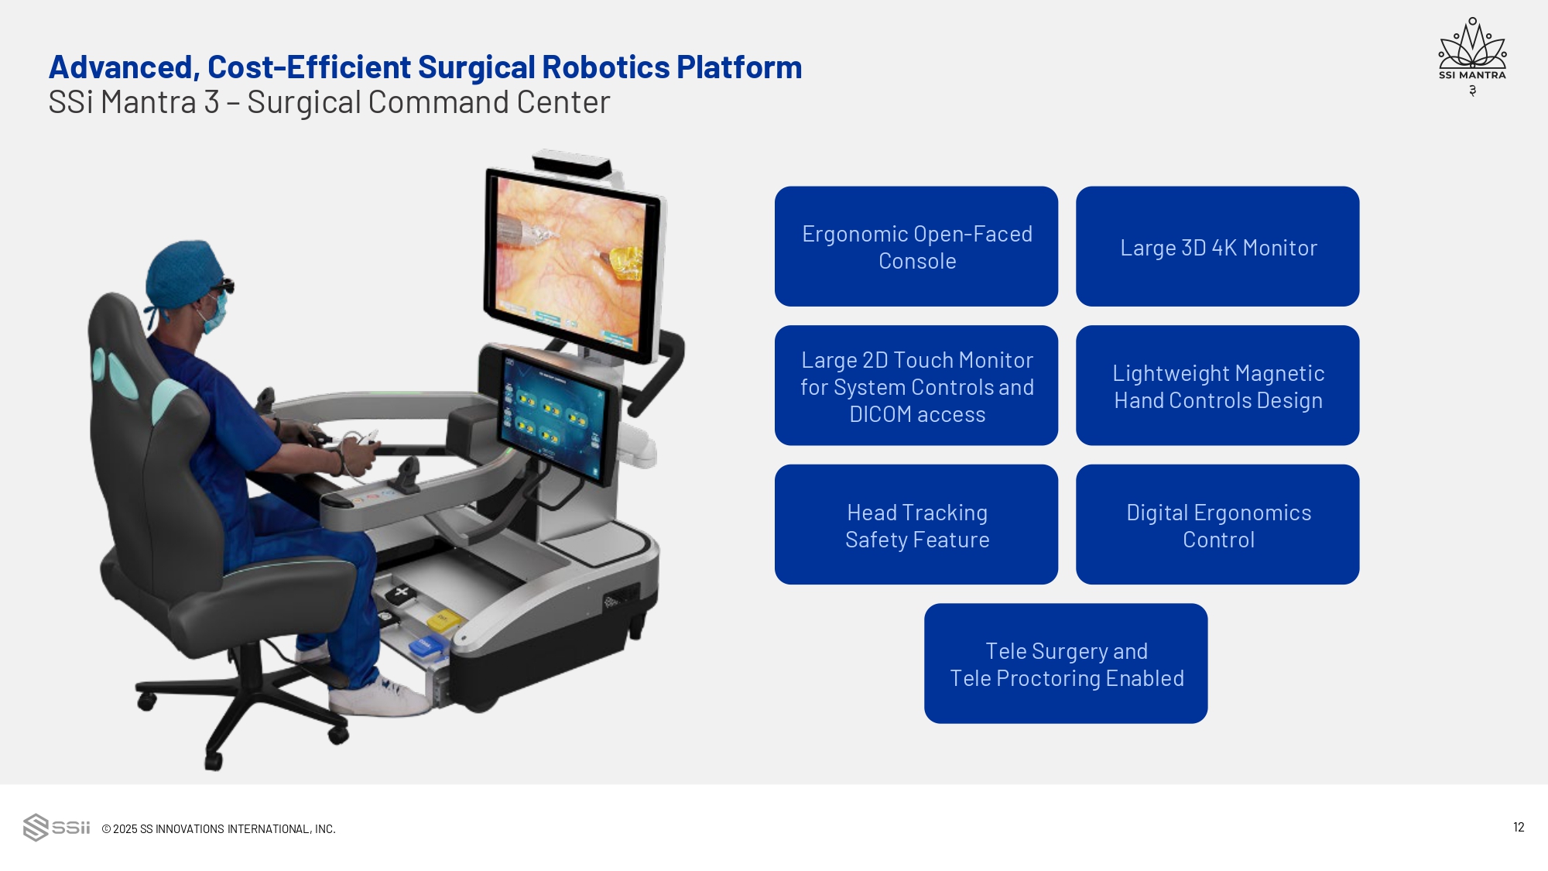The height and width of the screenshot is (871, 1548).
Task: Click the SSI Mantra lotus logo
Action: [1472, 51]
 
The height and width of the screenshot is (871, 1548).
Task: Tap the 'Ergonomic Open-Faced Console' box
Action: [916, 246]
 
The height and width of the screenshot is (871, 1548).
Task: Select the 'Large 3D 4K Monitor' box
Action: [1218, 246]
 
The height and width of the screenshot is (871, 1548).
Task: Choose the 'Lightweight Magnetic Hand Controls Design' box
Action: [1218, 386]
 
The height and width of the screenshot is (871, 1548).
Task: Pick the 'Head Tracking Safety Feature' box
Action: [916, 525]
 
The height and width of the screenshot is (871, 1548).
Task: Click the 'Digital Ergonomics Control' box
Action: [1218, 525]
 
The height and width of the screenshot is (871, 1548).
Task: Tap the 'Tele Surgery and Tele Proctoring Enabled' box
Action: [1066, 664]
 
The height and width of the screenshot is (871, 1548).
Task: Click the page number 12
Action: [1519, 827]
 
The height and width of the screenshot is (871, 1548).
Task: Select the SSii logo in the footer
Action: [57, 827]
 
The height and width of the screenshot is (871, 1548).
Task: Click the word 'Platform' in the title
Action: [739, 67]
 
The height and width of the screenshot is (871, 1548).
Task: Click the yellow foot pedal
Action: [444, 619]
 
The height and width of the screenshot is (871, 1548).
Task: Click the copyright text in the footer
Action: [219, 828]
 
